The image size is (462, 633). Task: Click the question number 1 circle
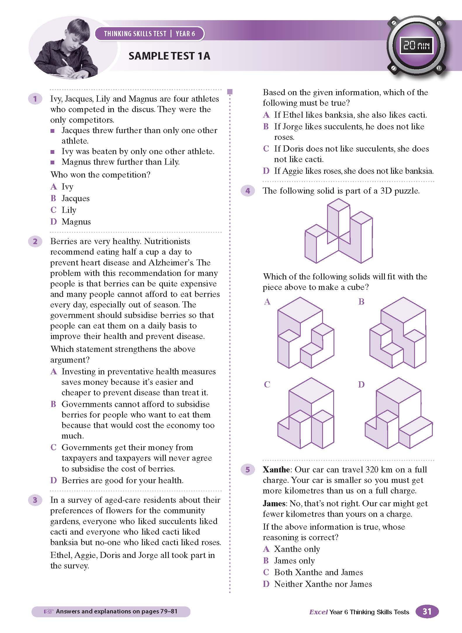(35, 99)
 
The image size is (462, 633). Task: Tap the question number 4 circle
(248, 191)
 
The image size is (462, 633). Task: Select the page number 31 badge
(427, 611)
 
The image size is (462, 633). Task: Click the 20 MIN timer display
(416, 45)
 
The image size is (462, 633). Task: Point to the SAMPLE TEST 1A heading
(169, 56)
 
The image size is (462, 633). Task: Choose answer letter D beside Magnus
(53, 222)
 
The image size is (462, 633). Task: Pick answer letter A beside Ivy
(53, 187)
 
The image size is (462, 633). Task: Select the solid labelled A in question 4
(305, 333)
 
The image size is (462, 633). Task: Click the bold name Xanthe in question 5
(276, 469)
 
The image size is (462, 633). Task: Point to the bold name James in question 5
(274, 503)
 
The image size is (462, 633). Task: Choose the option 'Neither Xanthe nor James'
(323, 584)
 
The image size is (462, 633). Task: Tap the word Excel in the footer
(318, 612)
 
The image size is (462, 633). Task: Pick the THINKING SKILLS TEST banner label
(135, 34)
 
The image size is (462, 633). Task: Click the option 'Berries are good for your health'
(122, 480)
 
